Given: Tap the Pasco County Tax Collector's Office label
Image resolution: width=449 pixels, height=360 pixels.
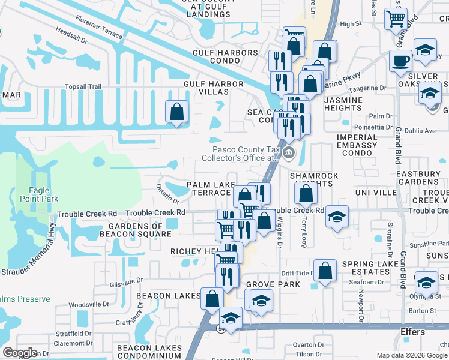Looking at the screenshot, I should tap(245, 154).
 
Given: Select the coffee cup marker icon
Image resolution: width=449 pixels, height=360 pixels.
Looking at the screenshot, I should tap(400, 60).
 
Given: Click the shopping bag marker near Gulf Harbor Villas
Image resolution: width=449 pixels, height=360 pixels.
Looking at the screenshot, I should tap(176, 112).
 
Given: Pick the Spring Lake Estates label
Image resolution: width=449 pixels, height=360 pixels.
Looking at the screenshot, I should tap(366, 268).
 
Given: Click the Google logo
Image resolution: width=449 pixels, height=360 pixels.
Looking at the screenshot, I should tap(20, 353).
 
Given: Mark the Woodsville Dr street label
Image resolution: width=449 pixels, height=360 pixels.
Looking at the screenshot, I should tap(88, 305).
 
